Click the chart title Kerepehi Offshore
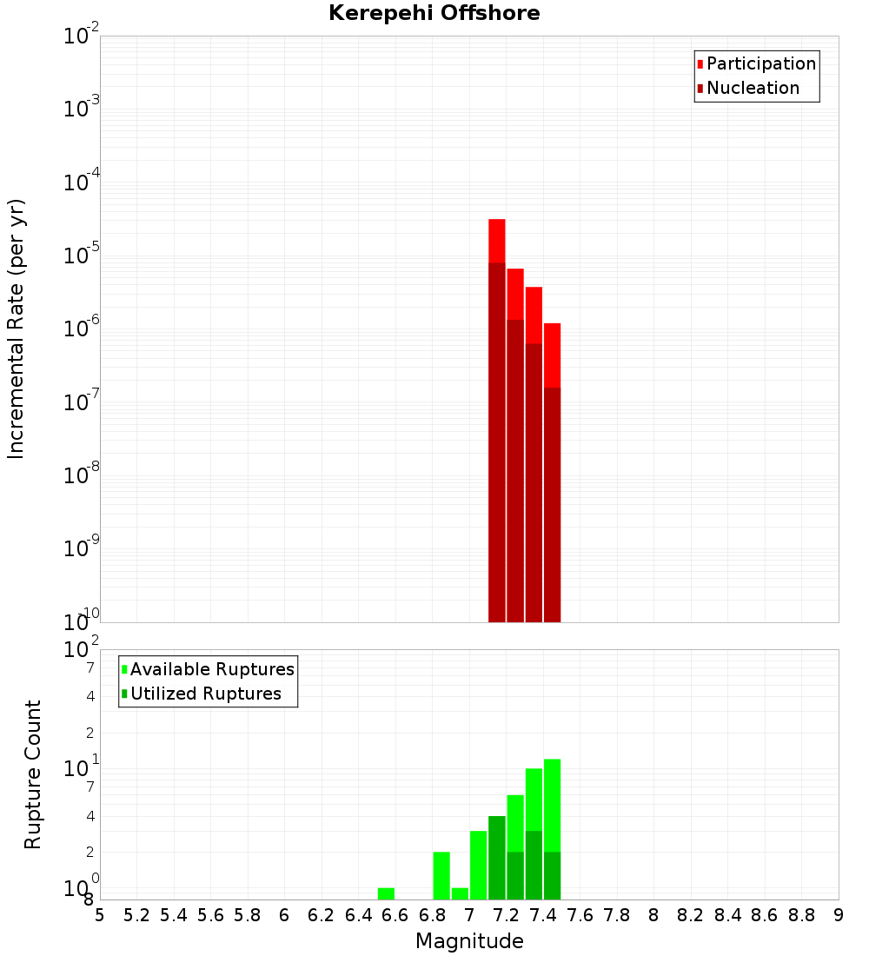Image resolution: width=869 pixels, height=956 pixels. coord(434,14)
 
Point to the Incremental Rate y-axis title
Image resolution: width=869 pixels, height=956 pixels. coord(17,329)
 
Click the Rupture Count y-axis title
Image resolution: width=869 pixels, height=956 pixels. coord(33,774)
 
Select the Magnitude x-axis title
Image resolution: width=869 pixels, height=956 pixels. coord(469,941)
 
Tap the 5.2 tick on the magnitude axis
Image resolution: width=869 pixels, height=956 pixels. coord(136,915)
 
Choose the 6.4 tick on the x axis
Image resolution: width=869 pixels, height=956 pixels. coord(358,915)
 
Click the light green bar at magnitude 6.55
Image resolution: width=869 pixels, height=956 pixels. coord(386,893)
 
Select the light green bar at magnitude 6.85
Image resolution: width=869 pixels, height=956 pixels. coord(441,875)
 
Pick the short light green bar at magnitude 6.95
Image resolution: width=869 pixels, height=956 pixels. coord(460,893)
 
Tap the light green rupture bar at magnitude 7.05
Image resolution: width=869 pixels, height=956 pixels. coord(478,865)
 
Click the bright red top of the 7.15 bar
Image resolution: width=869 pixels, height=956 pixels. coord(497,240)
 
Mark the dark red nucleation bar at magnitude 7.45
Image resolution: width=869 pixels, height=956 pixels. coord(552,504)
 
